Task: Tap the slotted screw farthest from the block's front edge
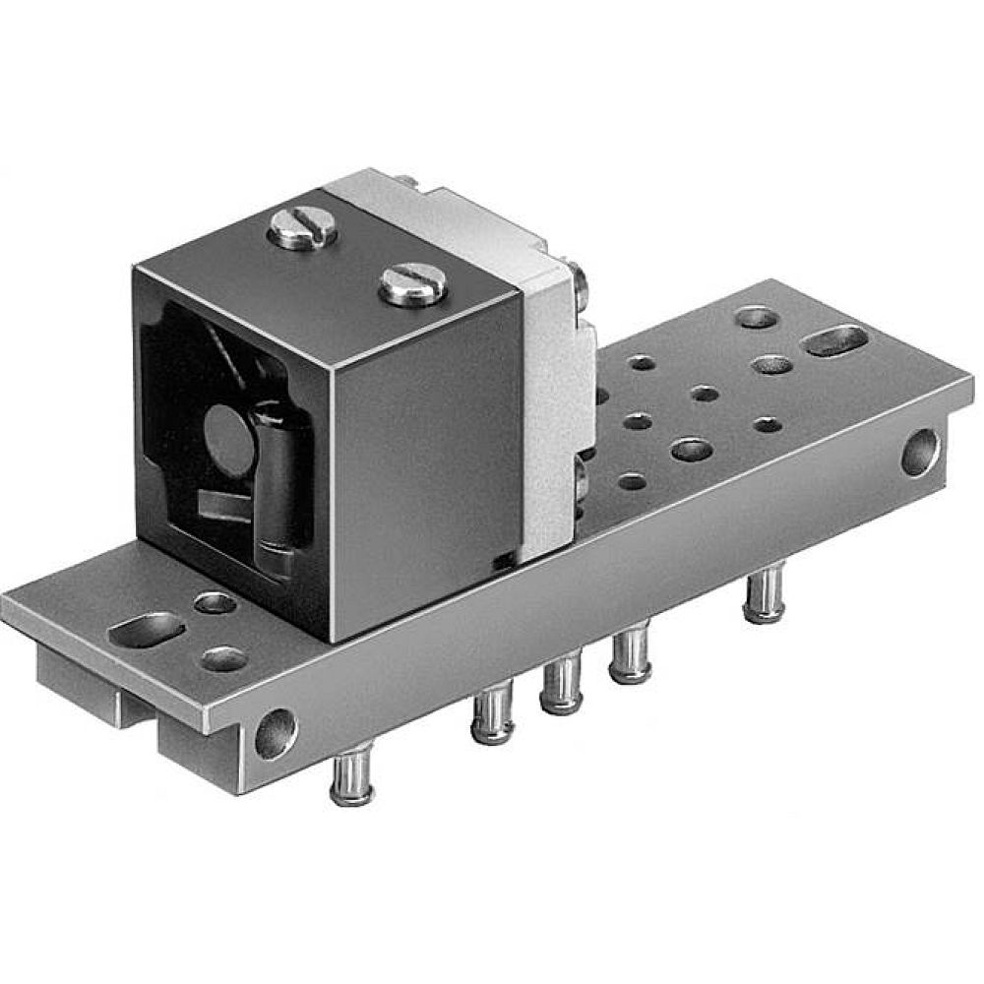click(x=302, y=228)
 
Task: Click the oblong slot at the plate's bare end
click(x=835, y=340)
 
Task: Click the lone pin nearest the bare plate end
click(x=765, y=595)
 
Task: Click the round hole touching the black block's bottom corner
click(x=215, y=603)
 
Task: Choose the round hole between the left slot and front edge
click(x=224, y=658)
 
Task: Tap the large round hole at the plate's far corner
click(x=757, y=317)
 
